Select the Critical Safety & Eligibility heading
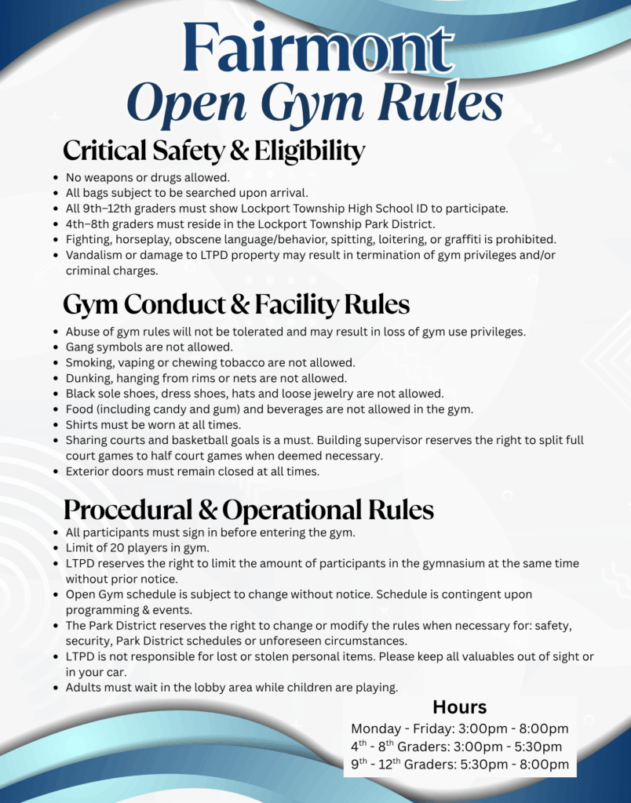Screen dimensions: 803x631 point(213,151)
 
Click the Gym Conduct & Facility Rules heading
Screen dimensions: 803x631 point(235,304)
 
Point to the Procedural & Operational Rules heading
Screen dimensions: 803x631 point(248,511)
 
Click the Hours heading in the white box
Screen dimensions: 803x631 point(460,707)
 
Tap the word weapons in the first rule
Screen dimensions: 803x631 point(111,178)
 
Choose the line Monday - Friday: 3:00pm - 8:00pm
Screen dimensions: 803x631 point(460,729)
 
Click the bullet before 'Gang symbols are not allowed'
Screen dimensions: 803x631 point(55,347)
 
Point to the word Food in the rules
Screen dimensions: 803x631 point(79,409)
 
